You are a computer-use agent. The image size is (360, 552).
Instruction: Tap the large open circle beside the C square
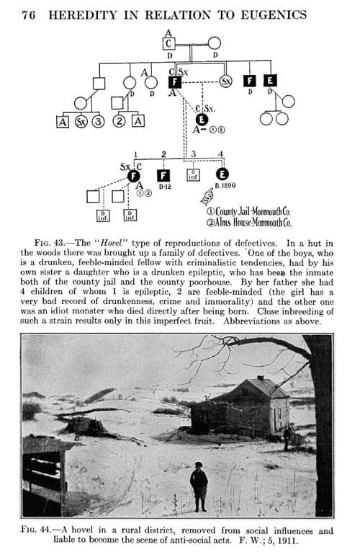(x=214, y=43)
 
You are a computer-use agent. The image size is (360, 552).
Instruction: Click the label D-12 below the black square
(x=164, y=187)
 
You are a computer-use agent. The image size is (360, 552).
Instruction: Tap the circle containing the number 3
(x=96, y=120)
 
